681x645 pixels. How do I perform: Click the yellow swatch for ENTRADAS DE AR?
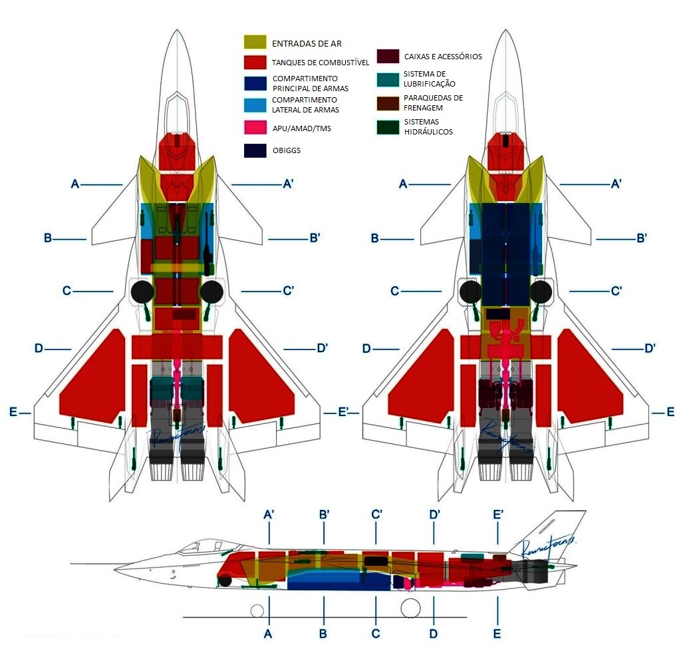[255, 43]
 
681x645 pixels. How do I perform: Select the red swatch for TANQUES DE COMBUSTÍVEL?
[255, 63]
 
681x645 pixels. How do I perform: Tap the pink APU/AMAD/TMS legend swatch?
[255, 127]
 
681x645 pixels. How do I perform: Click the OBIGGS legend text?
[286, 150]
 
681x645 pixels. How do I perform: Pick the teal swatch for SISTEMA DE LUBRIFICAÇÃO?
[388, 79]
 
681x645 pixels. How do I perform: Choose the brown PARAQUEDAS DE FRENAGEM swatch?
[388, 103]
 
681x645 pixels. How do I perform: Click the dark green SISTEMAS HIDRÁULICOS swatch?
[388, 127]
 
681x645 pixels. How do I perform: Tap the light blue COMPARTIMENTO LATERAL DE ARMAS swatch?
[255, 105]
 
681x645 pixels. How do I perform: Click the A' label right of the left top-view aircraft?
[289, 184]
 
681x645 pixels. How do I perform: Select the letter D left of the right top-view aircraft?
[366, 348]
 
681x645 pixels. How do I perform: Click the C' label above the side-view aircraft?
[377, 514]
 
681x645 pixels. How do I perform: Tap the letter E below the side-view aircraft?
[497, 634]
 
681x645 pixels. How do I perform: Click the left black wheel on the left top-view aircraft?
[141, 292]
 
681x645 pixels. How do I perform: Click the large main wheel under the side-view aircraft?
[411, 608]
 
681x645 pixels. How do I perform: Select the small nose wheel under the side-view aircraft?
[256, 610]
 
